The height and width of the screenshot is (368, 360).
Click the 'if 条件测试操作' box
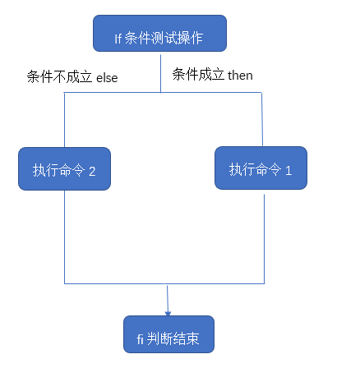click(159, 34)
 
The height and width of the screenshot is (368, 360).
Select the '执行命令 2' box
click(64, 170)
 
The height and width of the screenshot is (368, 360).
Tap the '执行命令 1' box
click(261, 169)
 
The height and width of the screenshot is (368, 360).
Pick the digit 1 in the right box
click(288, 170)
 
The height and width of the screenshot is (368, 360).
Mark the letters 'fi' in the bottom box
click(140, 338)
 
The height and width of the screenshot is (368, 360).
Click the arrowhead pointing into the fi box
click(168, 310)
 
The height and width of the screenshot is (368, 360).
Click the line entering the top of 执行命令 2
click(64, 123)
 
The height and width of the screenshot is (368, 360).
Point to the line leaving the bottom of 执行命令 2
click(64, 238)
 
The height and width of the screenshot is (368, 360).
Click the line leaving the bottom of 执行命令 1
click(264, 238)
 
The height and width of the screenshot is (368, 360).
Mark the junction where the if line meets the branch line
click(160, 92)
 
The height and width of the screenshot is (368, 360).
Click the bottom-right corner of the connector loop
click(264, 283)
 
